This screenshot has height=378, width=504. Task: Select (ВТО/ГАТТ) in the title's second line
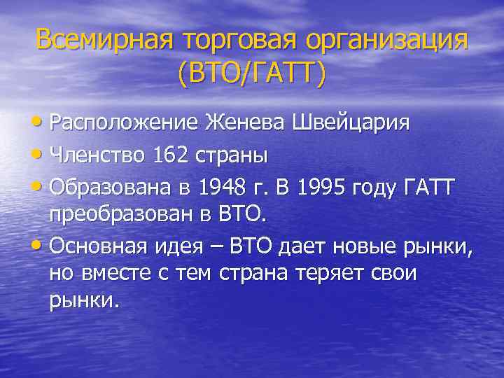pyautogui.click(x=252, y=73)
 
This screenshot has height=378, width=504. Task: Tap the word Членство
pyautogui.click(x=97, y=155)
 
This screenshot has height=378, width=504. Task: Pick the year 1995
pyautogui.click(x=326, y=185)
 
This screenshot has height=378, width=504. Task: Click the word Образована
pyautogui.click(x=111, y=185)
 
